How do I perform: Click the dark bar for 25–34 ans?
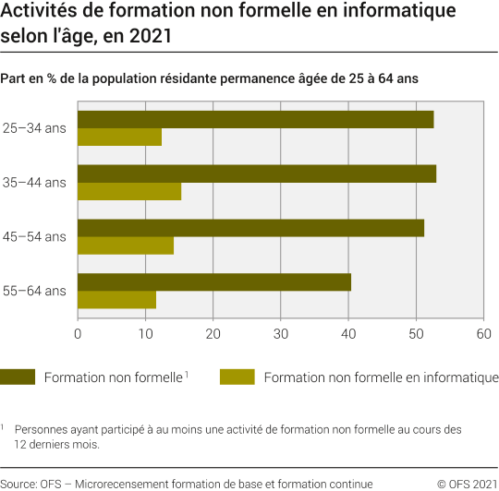coord(255,120)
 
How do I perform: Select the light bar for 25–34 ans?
coord(119,138)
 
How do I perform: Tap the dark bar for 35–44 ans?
coord(257,174)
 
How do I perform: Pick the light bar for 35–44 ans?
coord(129,192)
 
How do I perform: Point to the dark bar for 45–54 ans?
coord(250,228)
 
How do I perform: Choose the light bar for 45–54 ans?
coord(126,245)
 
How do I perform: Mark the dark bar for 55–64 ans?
coord(214,282)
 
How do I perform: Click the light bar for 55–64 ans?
coord(116,300)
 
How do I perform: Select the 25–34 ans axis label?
coord(34,128)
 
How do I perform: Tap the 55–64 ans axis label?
coord(34,291)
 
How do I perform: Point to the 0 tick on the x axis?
coord(78,333)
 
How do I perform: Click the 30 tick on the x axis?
coord(280,333)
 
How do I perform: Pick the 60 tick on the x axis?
coord(482,333)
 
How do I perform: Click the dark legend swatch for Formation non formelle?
coord(18,377)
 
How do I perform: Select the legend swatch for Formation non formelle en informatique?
coord(237,377)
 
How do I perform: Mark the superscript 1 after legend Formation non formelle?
coord(186,374)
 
